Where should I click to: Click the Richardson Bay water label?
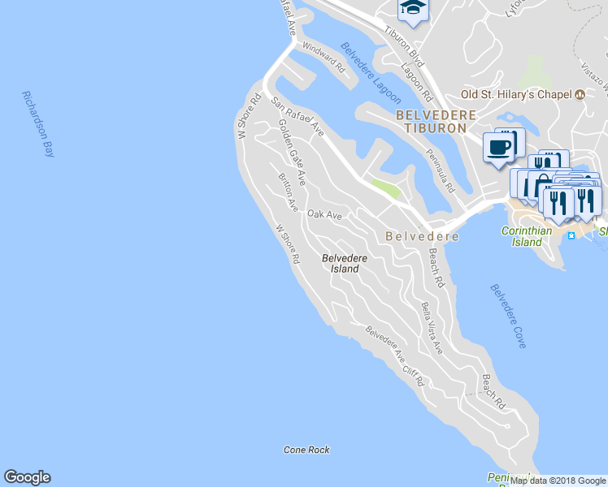click(x=37, y=123)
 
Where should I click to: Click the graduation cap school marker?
click(x=413, y=9)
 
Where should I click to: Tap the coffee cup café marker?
click(x=499, y=148)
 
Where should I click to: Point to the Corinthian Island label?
click(x=527, y=236)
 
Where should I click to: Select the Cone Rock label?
click(x=306, y=450)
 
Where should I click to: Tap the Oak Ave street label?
click(x=324, y=214)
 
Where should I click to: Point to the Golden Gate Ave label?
click(x=292, y=152)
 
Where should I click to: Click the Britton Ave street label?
click(x=289, y=192)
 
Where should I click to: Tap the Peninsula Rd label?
click(x=440, y=171)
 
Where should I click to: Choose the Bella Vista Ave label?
click(x=432, y=328)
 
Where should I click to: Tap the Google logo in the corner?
click(x=27, y=477)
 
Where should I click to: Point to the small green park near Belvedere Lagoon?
click(x=385, y=189)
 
